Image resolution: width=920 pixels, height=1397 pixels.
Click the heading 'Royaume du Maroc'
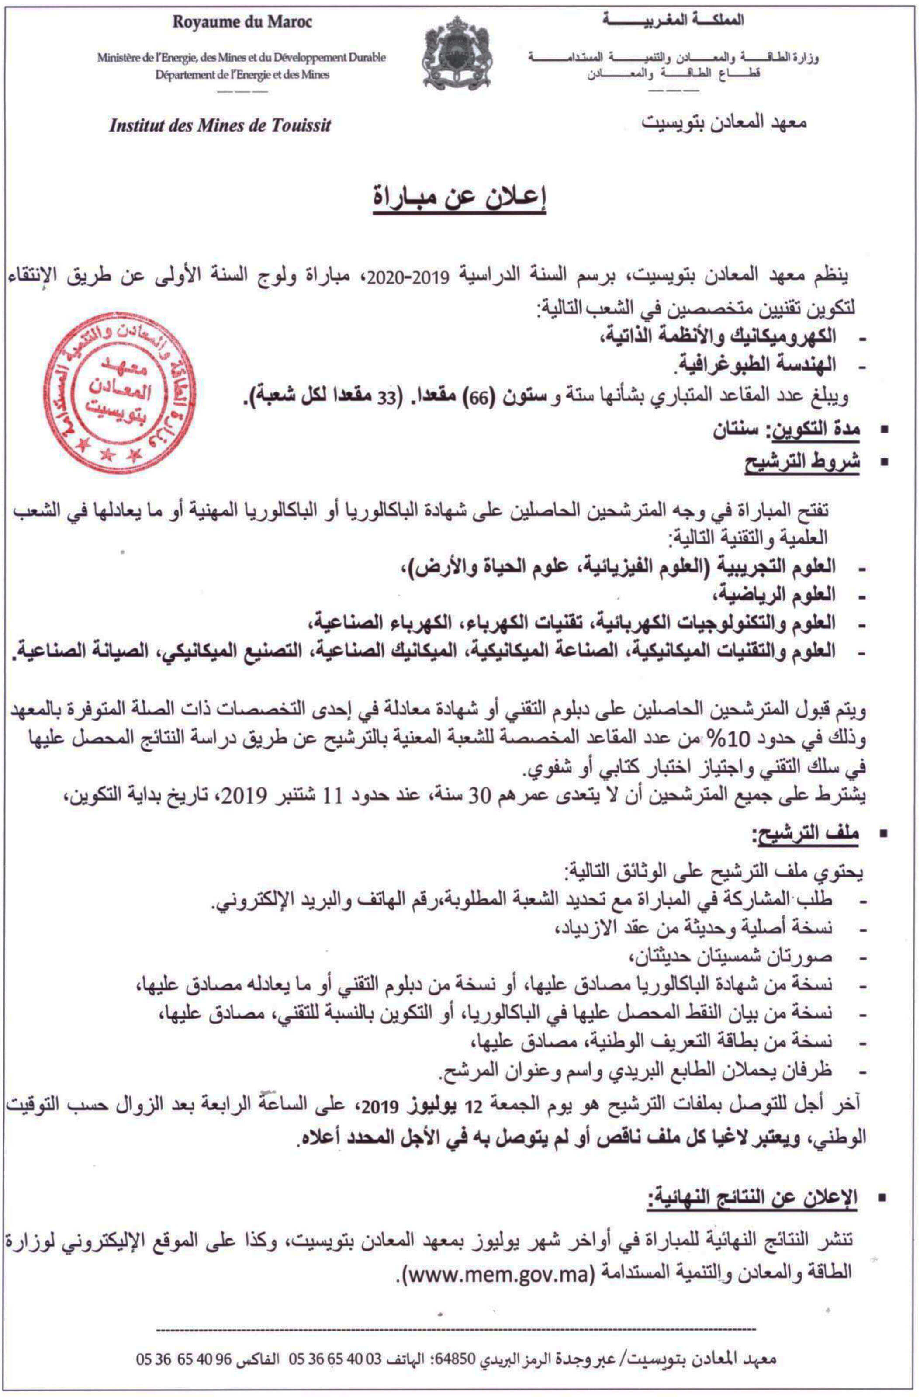(x=242, y=22)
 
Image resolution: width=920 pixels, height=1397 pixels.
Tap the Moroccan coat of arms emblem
(x=457, y=53)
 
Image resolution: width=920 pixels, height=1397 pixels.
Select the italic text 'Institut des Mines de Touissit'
(x=220, y=125)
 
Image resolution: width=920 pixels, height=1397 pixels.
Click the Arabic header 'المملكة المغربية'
(x=672, y=21)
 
